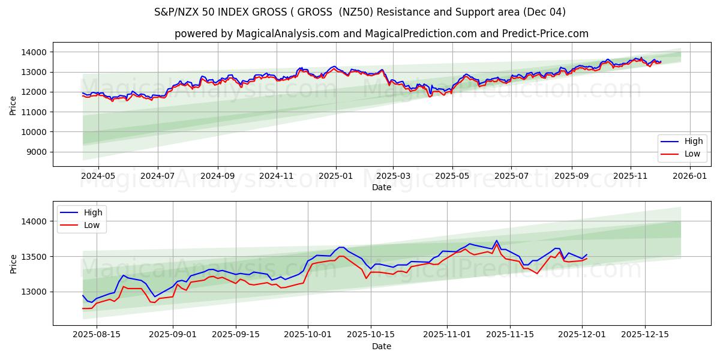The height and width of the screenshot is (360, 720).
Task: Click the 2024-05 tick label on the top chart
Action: click(x=98, y=176)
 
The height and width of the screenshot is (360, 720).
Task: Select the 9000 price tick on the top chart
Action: click(x=36, y=152)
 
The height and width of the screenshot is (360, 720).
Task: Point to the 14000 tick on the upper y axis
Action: click(x=34, y=52)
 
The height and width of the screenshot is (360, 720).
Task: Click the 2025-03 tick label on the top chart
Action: click(x=393, y=176)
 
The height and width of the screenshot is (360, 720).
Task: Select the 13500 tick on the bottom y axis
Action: click(x=34, y=257)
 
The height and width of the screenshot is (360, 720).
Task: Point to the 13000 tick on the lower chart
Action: click(x=34, y=292)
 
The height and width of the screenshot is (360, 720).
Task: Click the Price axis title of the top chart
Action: click(x=13, y=105)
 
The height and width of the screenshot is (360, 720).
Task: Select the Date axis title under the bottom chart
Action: click(x=382, y=346)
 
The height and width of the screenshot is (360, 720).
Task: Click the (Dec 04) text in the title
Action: click(x=544, y=12)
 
